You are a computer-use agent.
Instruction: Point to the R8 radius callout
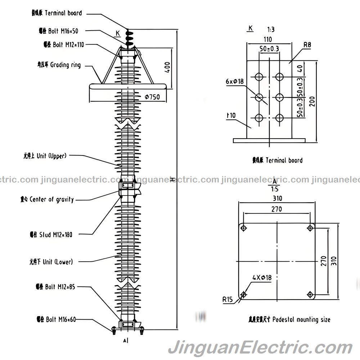[307, 45]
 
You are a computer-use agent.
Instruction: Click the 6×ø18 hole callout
[235, 81]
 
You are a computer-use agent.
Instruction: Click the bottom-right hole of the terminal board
[279, 117]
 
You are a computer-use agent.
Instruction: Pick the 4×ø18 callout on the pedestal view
[262, 278]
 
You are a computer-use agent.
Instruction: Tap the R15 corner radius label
[227, 298]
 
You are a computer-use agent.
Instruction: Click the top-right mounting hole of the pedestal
[310, 228]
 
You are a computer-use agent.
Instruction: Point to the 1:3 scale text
[271, 29]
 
